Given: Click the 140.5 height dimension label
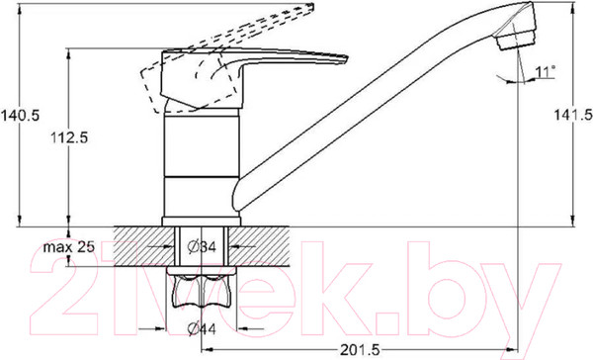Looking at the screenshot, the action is point(20,115).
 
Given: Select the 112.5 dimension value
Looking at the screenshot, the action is point(69,137).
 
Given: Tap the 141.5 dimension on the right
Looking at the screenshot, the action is point(573,115).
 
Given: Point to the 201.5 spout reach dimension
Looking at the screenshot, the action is point(360,350).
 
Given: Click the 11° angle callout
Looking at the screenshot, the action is point(545,71).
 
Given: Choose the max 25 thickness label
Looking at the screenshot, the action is point(68,247).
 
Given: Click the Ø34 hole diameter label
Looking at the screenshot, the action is point(202,247).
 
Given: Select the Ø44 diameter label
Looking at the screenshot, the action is point(202,329).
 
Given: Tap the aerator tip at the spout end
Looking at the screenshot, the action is point(517,41).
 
